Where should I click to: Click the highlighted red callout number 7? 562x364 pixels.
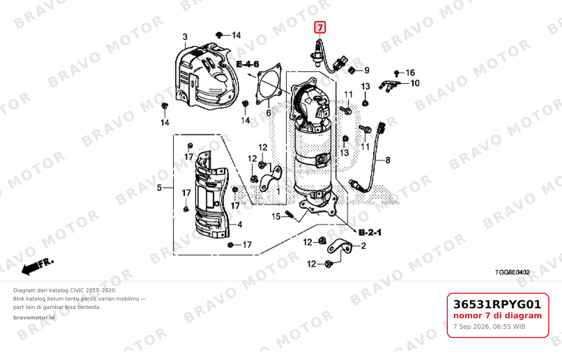pos(320,27)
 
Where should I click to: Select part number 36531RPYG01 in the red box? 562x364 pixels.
pos(497,304)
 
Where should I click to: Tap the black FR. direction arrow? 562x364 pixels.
pos(38,267)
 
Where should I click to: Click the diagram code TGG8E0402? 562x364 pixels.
pos(512,272)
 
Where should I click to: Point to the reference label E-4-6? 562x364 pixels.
pos(248,64)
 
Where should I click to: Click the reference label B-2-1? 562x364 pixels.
pos(370,233)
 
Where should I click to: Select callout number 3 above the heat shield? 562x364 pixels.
pos(185,37)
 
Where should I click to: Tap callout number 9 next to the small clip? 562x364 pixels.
pos(366,70)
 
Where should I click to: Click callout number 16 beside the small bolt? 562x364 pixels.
pos(410,73)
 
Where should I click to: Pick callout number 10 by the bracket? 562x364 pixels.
pos(415,83)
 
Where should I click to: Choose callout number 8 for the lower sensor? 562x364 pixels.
pos(388,160)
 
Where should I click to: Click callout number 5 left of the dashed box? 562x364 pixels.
pos(159,187)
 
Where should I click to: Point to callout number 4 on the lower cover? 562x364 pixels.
pos(240,224)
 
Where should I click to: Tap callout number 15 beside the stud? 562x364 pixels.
pos(276,216)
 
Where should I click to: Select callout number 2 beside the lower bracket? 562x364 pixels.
pos(363,245)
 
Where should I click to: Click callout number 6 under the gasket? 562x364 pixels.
pos(268,113)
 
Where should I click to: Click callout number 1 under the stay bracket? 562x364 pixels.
pos(278,192)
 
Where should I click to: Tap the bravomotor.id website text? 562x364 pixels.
pos(34,318)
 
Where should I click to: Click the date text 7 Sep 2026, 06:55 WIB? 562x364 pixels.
pos(489,327)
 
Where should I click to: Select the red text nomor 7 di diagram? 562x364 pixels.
pos(498,316)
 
